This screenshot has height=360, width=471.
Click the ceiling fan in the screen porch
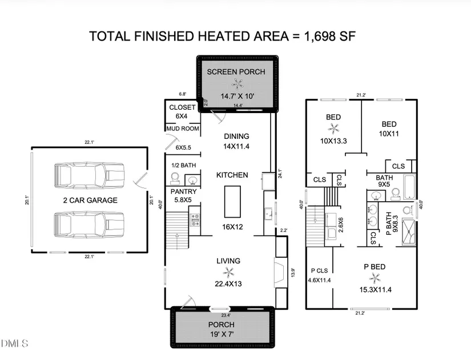237,84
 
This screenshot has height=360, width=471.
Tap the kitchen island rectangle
232,202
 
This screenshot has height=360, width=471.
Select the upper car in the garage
89,175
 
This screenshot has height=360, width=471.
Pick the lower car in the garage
89,225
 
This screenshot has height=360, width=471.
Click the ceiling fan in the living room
228,273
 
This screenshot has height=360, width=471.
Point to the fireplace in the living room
279,273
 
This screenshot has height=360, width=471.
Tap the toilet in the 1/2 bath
175,179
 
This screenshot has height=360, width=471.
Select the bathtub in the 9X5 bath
410,187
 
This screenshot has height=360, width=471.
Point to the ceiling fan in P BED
375,278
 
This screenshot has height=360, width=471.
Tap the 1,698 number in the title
320,36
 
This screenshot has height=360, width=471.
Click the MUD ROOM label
183,129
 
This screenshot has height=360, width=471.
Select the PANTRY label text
183,191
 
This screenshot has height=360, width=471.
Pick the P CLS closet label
319,271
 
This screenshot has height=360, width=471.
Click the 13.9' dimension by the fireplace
293,273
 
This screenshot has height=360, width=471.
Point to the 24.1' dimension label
280,174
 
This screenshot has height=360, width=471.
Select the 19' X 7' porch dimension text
222,334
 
